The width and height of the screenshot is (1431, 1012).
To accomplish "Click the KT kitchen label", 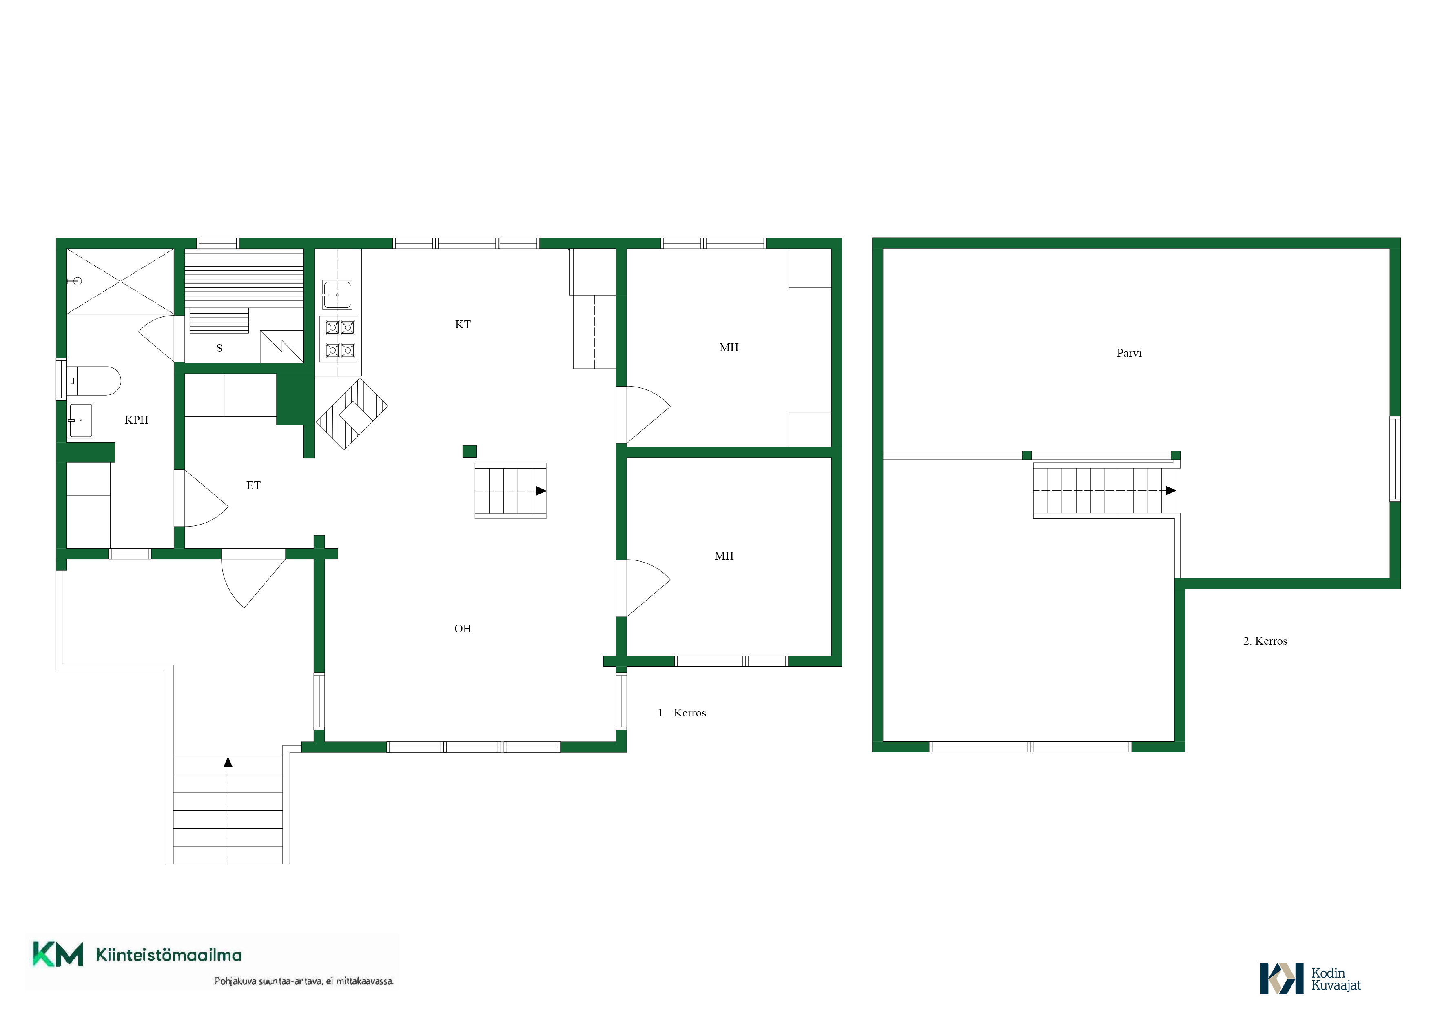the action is point(463,324).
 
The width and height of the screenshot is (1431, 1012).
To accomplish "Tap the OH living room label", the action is point(463,629).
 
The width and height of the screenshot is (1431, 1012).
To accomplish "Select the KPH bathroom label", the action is point(137,420).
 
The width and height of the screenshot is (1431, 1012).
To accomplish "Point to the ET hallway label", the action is point(253,485).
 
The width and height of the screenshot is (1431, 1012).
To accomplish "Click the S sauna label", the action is point(219,348).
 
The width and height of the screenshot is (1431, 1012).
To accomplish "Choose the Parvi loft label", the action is point(1129,353).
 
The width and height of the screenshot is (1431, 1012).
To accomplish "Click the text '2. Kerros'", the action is point(1265,641).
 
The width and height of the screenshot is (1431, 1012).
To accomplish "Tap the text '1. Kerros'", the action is point(682,713).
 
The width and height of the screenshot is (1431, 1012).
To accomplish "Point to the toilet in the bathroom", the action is point(93,381).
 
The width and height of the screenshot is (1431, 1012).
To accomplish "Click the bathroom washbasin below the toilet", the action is point(80,420).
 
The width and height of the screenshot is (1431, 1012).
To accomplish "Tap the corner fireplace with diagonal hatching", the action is point(352,414).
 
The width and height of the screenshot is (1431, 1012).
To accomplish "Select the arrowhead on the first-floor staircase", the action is point(541,491).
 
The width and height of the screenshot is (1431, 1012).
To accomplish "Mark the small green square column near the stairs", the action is point(469,452).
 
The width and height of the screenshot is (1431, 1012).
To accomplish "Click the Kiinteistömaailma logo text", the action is point(169,954).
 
